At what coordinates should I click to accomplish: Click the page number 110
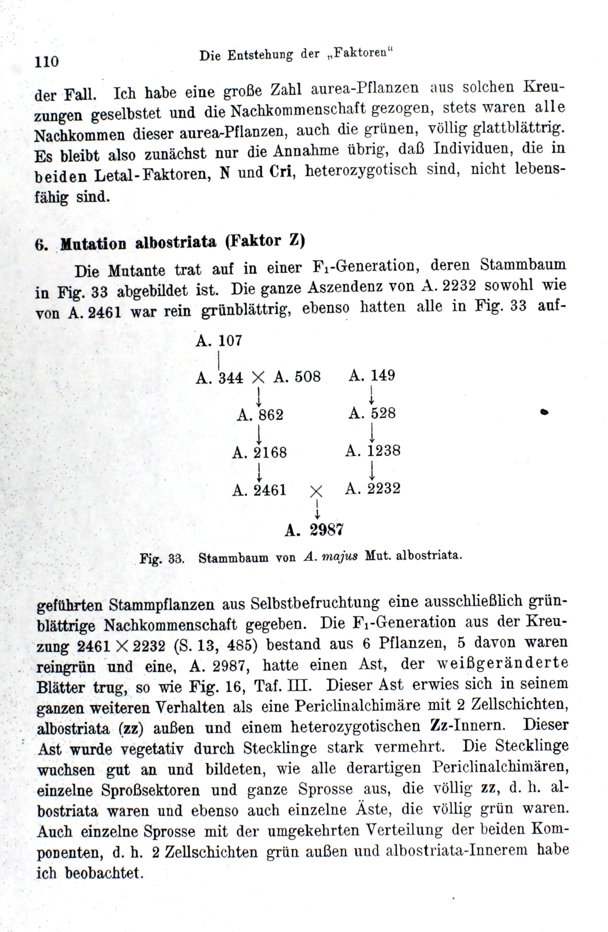click(x=47, y=62)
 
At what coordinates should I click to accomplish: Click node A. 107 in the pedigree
click(x=219, y=341)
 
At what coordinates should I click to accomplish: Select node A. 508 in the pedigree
click(x=297, y=377)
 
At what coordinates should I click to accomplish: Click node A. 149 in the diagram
click(x=372, y=375)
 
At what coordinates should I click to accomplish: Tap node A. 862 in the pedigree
click(x=260, y=415)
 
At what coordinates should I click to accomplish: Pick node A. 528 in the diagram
click(x=372, y=413)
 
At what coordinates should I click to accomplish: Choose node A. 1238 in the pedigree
click(x=373, y=451)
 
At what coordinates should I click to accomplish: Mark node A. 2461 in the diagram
click(x=259, y=490)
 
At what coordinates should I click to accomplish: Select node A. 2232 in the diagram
click(x=372, y=488)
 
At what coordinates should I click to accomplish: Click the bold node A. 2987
click(x=314, y=530)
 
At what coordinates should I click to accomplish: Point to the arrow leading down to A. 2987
click(x=317, y=509)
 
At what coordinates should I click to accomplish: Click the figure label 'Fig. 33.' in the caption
click(x=162, y=559)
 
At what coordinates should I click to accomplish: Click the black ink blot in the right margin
click(x=544, y=413)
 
